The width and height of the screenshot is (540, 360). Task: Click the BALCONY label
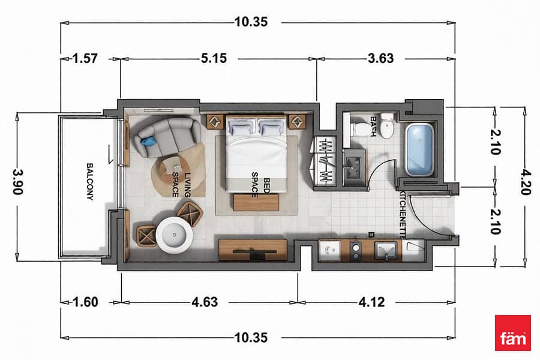[x=89, y=182]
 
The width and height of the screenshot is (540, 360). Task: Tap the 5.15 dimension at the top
[x=214, y=58]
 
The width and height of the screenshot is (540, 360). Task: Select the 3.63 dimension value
[x=380, y=58]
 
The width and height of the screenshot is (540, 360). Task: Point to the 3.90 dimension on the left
[x=18, y=182]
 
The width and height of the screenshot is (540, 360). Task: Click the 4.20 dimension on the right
[x=524, y=182]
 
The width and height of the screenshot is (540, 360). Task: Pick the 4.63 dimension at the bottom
[x=205, y=302]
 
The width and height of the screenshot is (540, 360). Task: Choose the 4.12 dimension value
[x=371, y=302]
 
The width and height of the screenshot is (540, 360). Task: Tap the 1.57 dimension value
[x=85, y=58]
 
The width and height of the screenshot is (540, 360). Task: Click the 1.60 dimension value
[x=85, y=302]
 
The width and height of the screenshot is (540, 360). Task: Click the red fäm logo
[x=513, y=333]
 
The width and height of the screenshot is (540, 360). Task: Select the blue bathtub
[x=419, y=150]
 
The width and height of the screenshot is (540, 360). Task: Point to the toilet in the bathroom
[x=360, y=129]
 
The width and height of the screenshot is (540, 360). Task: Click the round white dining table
[x=174, y=235]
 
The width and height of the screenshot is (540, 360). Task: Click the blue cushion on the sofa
[x=149, y=141]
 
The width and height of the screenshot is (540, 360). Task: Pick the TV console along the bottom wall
[x=253, y=250]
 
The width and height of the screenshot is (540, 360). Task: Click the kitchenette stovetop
[x=355, y=250]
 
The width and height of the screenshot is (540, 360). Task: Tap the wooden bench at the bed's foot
[x=256, y=202]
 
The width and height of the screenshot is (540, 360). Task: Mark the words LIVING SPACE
[x=181, y=184]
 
